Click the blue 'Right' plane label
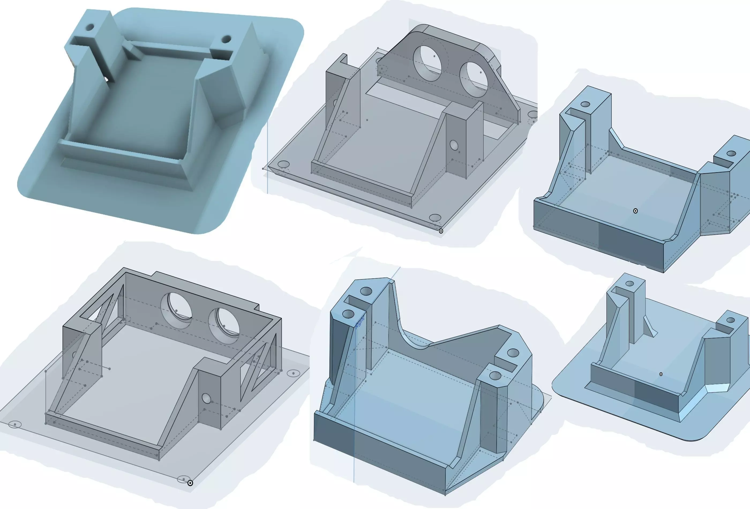click(x=360, y=321)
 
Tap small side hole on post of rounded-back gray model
click(x=454, y=145)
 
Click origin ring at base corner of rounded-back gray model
click(x=441, y=231)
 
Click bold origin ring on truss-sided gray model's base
click(x=190, y=483)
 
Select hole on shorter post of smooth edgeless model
click(x=227, y=40)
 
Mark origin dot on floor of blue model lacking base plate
click(x=635, y=211)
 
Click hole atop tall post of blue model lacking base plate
click(x=585, y=105)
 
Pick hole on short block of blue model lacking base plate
click(x=731, y=154)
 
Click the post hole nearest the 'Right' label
click(x=348, y=314)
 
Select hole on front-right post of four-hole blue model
click(x=495, y=376)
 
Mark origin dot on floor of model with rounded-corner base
click(x=661, y=374)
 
